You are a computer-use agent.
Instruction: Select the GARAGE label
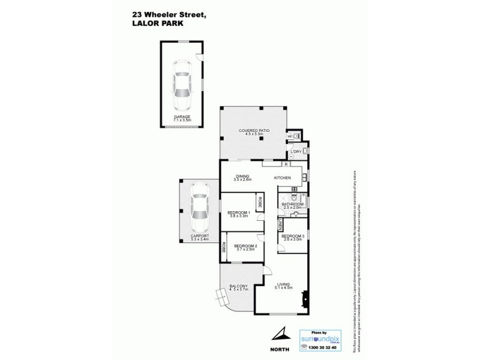(x=181, y=117)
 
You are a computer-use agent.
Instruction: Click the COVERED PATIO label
(x=253, y=130)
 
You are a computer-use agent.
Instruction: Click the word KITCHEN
(x=283, y=178)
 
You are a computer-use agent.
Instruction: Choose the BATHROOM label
(x=293, y=204)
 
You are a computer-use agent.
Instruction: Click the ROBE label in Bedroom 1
(x=260, y=203)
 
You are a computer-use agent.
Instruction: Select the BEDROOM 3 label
(x=293, y=236)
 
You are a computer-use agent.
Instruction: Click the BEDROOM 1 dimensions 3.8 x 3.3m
(x=238, y=216)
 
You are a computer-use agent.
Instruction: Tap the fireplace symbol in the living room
(x=306, y=297)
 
